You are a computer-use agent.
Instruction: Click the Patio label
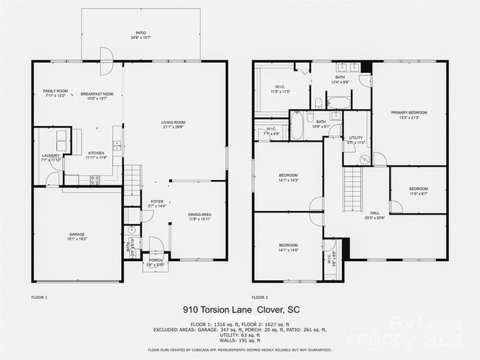pyautogui.click(x=140, y=34)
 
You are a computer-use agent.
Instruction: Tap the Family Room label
pyautogui.click(x=55, y=92)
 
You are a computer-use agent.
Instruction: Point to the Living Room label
pyautogui.click(x=173, y=125)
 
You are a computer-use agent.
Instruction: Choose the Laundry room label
pyautogui.click(x=50, y=156)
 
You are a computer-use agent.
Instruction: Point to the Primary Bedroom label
pyautogui.click(x=409, y=114)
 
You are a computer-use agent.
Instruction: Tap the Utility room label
pyautogui.click(x=356, y=139)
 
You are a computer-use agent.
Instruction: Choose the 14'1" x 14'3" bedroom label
pyautogui.click(x=288, y=179)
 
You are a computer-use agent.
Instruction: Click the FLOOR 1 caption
pyautogui.click(x=39, y=297)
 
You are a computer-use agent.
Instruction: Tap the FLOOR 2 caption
pyautogui.click(x=260, y=297)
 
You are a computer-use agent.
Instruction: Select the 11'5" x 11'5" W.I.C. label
pyautogui.click(x=280, y=89)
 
